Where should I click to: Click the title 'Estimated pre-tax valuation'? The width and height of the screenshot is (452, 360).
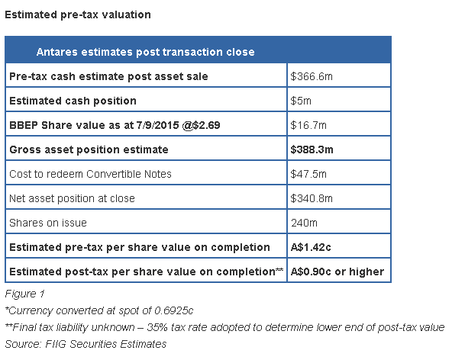78,15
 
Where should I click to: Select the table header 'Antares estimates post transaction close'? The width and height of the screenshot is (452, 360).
146,52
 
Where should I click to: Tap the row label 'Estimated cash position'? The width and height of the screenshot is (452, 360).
73,101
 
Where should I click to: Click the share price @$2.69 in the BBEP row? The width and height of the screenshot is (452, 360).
202,125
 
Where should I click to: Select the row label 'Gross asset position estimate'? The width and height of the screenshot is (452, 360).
89,149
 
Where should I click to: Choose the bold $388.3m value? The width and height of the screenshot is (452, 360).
312,149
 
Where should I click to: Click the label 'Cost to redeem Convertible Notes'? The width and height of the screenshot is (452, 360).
90,174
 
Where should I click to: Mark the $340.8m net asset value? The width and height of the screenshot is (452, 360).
312,198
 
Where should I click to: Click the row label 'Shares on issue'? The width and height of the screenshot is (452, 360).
48,223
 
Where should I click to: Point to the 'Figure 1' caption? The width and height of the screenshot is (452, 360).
24,294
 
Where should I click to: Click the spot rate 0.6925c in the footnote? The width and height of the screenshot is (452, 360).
174,310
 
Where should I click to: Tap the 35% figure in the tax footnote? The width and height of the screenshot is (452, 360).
157,327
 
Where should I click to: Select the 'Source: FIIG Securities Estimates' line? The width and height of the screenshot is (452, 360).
86,344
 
